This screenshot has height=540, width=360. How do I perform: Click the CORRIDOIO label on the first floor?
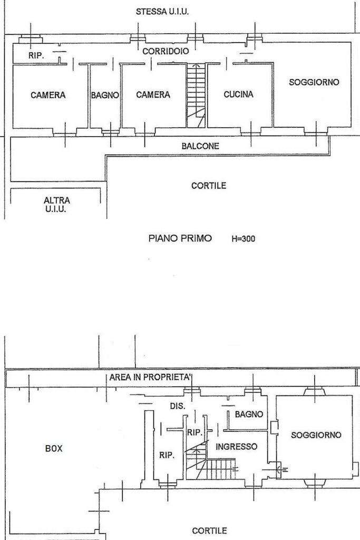tap(166, 51)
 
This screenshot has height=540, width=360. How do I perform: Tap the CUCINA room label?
tap(239, 94)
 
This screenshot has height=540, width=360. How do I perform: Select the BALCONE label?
tap(200, 146)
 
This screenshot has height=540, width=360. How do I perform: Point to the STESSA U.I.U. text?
tap(162, 12)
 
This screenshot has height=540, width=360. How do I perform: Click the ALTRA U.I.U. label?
tap(57, 205)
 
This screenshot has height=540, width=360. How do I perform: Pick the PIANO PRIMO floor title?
tap(180, 238)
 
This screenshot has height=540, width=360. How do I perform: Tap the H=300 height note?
tap(244, 239)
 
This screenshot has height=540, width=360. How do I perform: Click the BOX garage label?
tap(54, 448)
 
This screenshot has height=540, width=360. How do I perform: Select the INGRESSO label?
tap(237, 447)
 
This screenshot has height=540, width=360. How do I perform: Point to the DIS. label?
tap(178, 406)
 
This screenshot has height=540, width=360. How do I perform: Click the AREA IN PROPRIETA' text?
tap(150, 377)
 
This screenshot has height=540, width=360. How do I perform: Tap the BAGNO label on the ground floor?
tap(249, 414)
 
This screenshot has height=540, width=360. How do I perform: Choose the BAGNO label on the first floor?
tap(105, 95)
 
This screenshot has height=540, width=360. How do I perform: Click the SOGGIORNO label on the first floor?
tap(314, 82)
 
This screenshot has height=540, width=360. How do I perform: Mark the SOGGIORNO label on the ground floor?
tap(316, 435)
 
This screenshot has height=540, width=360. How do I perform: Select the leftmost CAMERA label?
tap(48, 95)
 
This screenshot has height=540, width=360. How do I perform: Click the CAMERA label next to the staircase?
tap(153, 95)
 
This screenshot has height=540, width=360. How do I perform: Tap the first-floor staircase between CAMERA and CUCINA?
tap(196, 95)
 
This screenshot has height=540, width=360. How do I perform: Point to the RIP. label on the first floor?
tap(36, 55)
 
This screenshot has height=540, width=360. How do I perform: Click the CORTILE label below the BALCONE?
tap(209, 186)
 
